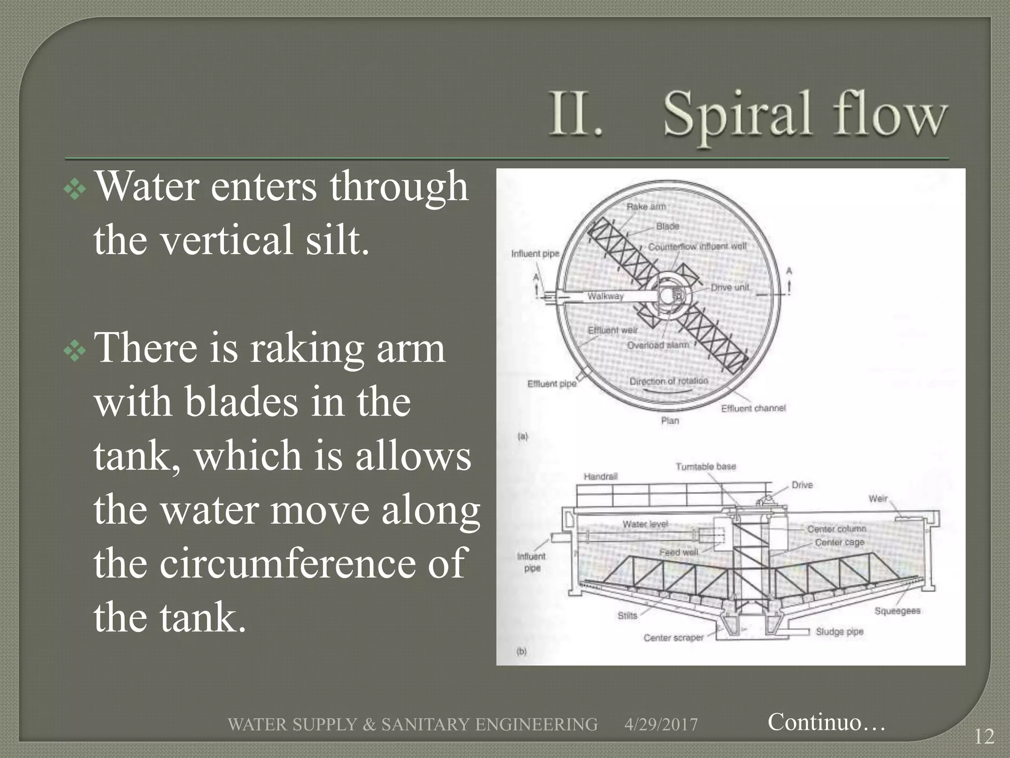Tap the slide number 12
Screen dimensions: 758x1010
pyautogui.click(x=984, y=737)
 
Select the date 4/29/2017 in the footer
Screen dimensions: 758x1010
pyautogui.click(x=661, y=724)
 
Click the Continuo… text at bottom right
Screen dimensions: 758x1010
pyautogui.click(x=827, y=721)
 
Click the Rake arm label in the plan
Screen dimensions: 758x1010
pyautogui.click(x=646, y=206)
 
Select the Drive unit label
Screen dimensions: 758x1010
pyautogui.click(x=730, y=287)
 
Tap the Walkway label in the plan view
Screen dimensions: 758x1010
pyautogui.click(x=606, y=296)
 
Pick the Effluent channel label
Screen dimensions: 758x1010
pyautogui.click(x=753, y=408)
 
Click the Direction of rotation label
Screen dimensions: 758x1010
pyautogui.click(x=669, y=381)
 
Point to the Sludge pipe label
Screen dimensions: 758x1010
pyautogui.click(x=839, y=632)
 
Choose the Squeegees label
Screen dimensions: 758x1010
pyautogui.click(x=897, y=610)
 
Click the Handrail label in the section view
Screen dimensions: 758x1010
pyautogui.click(x=600, y=476)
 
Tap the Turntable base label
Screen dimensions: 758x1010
pyautogui.click(x=706, y=466)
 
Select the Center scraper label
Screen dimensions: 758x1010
pyautogui.click(x=673, y=638)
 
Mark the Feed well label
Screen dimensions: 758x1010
pyautogui.click(x=679, y=552)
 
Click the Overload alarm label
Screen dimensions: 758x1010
pyautogui.click(x=658, y=344)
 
